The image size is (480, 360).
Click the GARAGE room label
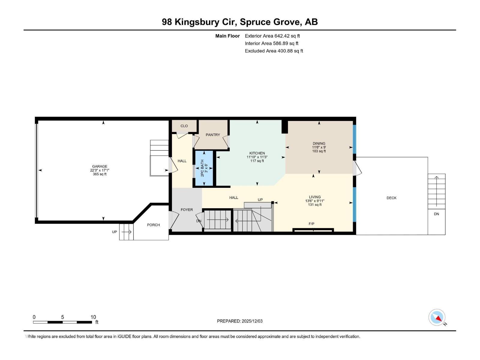coord(100,166)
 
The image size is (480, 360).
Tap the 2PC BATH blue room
coord(204,168)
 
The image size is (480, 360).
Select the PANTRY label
coord(213,135)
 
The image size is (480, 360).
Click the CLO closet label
coord(184,126)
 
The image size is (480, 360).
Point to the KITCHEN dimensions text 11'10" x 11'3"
coord(257,157)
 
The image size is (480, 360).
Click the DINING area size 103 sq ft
coord(319,151)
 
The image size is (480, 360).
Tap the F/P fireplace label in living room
coord(311,224)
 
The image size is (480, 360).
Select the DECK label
coord(391,198)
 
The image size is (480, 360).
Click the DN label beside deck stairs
coord(436,214)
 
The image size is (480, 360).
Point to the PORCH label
coord(153,225)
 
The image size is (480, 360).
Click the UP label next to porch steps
coord(114,232)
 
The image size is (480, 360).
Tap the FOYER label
coord(187,210)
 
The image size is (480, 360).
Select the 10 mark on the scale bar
coord(93,317)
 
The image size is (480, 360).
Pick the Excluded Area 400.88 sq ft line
coord(274,51)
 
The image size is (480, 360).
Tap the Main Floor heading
coord(227,36)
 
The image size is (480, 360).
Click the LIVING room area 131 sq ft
coord(315,205)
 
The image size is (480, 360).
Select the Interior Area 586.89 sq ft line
coord(271,43)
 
